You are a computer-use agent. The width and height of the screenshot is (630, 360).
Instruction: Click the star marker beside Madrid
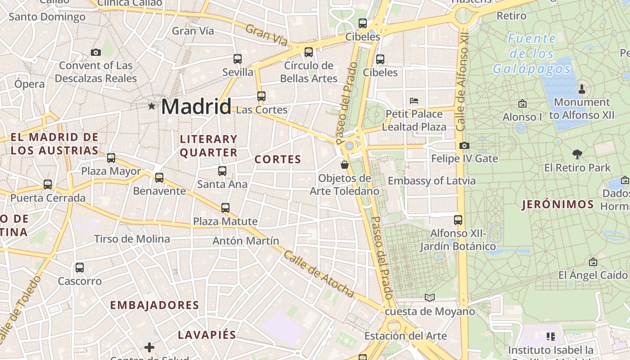tap(152, 106)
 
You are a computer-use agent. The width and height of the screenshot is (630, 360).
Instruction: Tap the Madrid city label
tap(196, 107)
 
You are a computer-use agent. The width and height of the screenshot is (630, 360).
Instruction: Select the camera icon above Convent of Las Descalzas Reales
tap(95, 52)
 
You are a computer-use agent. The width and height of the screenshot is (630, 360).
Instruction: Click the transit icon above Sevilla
tap(238, 59)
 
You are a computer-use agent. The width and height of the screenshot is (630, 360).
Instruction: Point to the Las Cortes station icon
tap(261, 96)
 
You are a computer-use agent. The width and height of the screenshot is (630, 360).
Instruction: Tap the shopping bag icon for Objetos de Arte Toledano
tap(345, 165)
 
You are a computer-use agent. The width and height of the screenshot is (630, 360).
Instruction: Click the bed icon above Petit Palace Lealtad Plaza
tap(414, 100)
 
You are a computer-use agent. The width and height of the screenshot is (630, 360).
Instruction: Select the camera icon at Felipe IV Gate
tap(464, 145)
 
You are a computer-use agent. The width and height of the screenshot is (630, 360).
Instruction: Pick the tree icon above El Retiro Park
tap(577, 154)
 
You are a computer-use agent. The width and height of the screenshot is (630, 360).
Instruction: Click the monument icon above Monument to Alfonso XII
tap(581, 89)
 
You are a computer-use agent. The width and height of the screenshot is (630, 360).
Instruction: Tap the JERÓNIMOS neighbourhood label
tap(558, 205)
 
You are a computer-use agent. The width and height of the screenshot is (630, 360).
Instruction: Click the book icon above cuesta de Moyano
tap(430, 297)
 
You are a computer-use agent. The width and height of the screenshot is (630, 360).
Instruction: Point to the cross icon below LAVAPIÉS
tap(149, 347)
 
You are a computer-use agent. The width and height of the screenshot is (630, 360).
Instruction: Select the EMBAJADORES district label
tap(154, 305)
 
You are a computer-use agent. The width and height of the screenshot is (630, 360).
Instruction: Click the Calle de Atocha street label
tap(319, 274)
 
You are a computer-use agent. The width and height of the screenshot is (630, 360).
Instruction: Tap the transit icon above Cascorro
tap(80, 268)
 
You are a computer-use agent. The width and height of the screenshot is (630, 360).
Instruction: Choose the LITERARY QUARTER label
tap(208, 146)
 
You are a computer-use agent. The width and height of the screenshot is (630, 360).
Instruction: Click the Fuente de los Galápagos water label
tap(532, 54)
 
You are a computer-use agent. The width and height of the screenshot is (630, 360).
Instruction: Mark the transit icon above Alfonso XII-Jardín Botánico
tap(458, 220)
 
